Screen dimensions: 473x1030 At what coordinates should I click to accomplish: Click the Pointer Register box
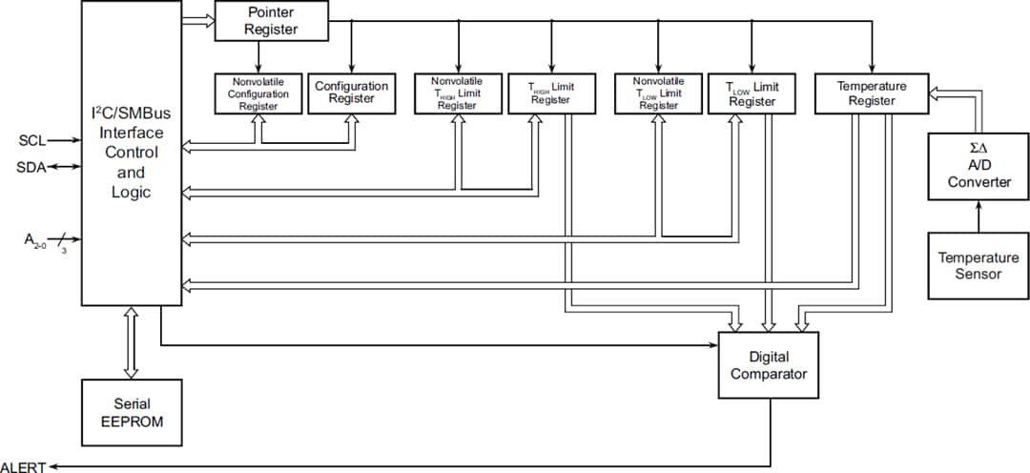pos(271,21)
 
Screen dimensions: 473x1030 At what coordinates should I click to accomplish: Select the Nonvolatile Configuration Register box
pos(257,93)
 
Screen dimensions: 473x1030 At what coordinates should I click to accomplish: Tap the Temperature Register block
pos(872,93)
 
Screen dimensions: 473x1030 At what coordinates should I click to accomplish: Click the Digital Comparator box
pos(768,365)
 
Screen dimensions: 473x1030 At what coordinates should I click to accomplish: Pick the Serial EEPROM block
pos(132,411)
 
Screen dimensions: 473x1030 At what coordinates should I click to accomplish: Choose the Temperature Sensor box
pos(978,266)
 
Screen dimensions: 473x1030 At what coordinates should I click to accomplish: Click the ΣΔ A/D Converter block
pos(978,167)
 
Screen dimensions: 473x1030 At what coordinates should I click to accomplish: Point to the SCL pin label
pos(31,141)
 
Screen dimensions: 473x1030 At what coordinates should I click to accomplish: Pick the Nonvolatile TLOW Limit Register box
pos(658,93)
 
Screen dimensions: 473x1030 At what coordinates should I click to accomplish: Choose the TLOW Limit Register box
pos(752,93)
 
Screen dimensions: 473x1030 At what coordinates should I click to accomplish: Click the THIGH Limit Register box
pos(551,93)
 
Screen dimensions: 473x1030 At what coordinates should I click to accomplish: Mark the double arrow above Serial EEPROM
pos(132,342)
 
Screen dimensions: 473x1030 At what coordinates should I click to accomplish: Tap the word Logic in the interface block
pos(132,193)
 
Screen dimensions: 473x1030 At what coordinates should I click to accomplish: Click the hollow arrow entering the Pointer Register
pos(197,20)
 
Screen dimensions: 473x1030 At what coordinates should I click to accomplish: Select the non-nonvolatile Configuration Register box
pos(352,93)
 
